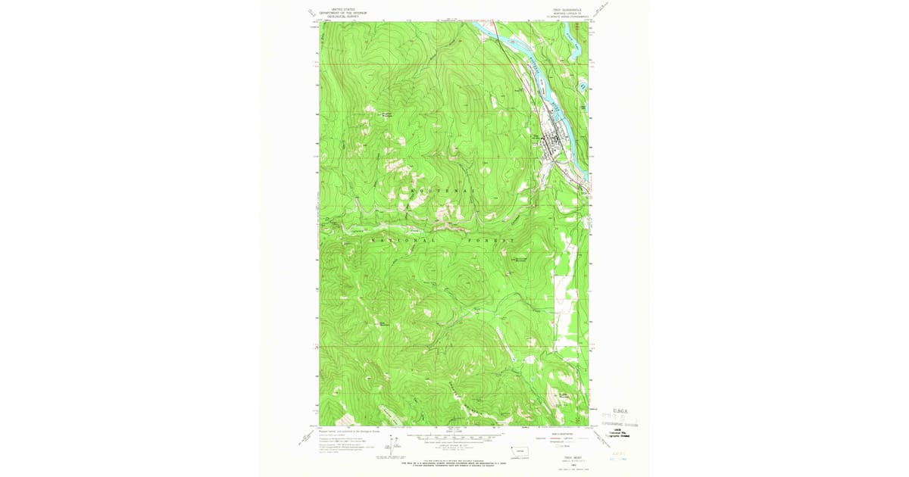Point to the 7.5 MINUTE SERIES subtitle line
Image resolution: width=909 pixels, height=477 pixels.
(x=560, y=17)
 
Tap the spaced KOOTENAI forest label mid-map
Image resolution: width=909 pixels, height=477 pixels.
(x=439, y=192)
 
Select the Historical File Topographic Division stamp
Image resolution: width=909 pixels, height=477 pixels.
(x=621, y=434)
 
